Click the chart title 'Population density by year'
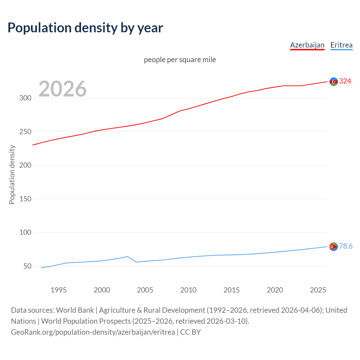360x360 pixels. click(85, 28)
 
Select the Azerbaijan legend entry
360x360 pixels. click(307, 45)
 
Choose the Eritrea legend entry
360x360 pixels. click(341, 45)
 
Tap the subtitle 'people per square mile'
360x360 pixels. click(180, 60)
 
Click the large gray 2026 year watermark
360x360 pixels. click(62, 89)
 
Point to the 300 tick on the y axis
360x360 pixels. click(25, 98)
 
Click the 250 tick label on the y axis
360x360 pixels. click(25, 132)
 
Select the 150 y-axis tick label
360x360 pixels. click(25, 199)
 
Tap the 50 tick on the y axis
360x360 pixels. click(27, 266)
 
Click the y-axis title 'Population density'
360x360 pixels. click(12, 174)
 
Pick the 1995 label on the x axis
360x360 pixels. click(58, 290)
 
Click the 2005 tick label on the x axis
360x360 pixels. click(145, 290)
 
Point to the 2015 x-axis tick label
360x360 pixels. click(231, 290)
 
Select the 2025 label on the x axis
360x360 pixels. click(318, 290)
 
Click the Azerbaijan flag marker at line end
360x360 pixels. click(334, 82)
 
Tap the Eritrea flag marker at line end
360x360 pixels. click(334, 247)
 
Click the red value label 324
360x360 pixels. click(345, 81)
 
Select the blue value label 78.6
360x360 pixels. click(346, 246)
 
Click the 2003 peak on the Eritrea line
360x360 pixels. click(128, 256)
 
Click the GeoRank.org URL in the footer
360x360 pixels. click(93, 332)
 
